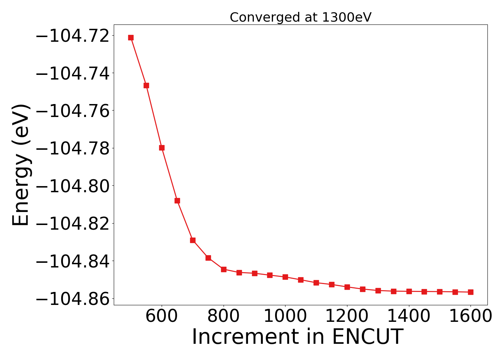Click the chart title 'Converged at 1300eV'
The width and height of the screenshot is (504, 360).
tap(300, 17)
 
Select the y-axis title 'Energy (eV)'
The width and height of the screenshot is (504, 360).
tap(21, 165)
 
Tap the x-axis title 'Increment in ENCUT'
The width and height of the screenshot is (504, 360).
tap(297, 337)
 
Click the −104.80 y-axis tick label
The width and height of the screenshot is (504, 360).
tap(72, 186)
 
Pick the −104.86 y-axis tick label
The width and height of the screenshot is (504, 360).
tap(72, 299)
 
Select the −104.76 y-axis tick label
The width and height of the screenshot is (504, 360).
tap(72, 111)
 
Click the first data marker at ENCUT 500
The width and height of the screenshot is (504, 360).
tap(131, 37)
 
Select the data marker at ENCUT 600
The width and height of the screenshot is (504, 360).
tap(162, 148)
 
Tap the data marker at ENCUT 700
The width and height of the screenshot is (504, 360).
tap(193, 240)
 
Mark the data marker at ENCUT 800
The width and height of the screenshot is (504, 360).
tap(224, 269)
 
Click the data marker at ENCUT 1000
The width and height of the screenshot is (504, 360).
tap(285, 277)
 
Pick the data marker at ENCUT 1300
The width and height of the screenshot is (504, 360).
tap(378, 291)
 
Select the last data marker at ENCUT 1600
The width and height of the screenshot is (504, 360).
tap(471, 292)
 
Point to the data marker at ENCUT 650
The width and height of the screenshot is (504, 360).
tap(177, 201)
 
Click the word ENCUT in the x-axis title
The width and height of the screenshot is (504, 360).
tap(367, 337)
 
